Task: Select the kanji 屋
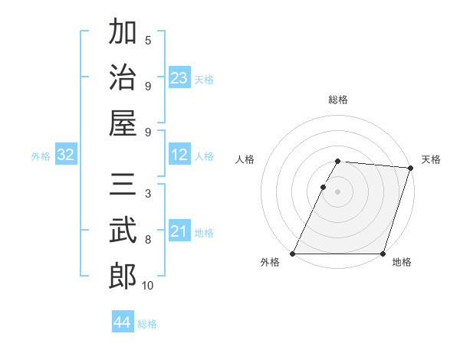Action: click(x=123, y=123)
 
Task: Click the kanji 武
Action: click(x=123, y=231)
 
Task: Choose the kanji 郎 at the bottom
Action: click(x=123, y=276)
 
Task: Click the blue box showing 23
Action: click(x=179, y=77)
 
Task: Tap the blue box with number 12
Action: click(x=179, y=155)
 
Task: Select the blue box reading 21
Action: click(x=179, y=231)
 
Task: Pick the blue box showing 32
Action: click(x=66, y=155)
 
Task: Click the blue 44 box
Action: click(x=123, y=322)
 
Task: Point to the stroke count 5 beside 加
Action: click(x=148, y=41)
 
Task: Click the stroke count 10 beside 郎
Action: click(x=148, y=286)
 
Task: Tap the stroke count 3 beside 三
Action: click(x=148, y=195)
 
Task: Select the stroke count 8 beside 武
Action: click(x=148, y=240)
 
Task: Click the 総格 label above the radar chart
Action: click(x=338, y=100)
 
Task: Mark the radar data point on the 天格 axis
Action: click(x=411, y=168)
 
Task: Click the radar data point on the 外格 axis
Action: click(x=293, y=253)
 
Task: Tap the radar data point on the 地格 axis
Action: click(x=383, y=253)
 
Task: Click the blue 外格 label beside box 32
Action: click(x=41, y=156)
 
